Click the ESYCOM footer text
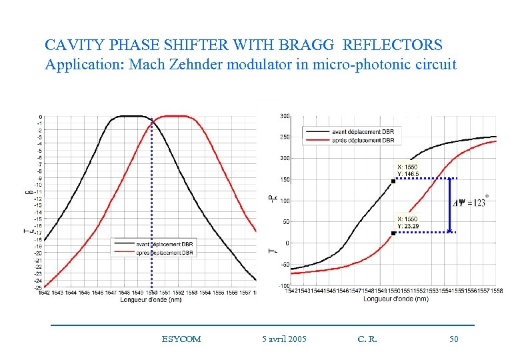tap(181, 339)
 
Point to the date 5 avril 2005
tap(285, 339)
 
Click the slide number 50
tap(454, 339)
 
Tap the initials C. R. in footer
tap(367, 339)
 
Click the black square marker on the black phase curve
tap(393, 181)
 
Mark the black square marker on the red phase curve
tap(393, 233)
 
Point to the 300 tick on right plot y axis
tap(284, 116)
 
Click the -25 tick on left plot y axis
tap(39, 287)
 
